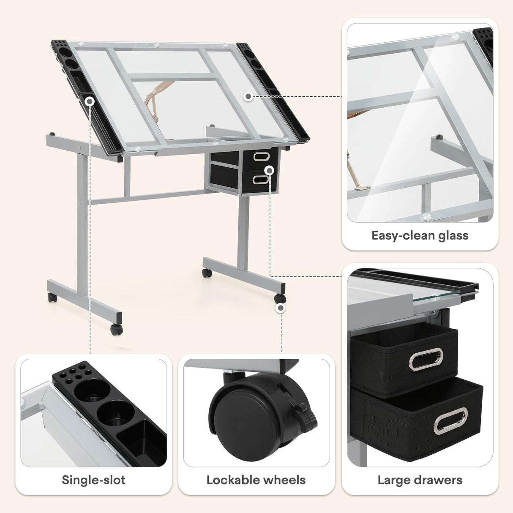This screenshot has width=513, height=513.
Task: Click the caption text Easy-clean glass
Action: tap(420, 235)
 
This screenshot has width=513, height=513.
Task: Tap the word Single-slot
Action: tap(93, 480)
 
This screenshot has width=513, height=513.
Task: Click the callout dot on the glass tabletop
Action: tap(248, 96)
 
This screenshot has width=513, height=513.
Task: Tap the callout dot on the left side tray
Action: tap(90, 101)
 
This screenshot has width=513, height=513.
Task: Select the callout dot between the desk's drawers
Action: tap(269, 169)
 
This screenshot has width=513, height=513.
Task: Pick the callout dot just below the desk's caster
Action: tap(280, 308)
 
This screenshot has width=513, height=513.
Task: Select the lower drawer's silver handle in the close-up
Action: tap(451, 421)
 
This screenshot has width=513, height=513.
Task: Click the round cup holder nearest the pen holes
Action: tap(90, 390)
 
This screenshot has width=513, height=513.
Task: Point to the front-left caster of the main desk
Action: tap(116, 329)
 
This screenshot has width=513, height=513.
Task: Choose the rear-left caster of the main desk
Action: tap(52, 297)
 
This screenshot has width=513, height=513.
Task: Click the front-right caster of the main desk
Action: tap(280, 298)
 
